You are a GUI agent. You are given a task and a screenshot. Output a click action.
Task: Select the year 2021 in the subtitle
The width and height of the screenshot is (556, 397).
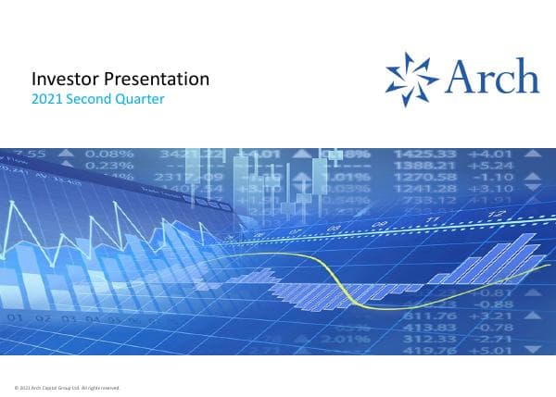[46, 99]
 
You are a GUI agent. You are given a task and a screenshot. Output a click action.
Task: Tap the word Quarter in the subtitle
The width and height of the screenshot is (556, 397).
[140, 99]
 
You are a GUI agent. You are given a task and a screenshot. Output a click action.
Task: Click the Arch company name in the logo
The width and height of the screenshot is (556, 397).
[491, 75]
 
